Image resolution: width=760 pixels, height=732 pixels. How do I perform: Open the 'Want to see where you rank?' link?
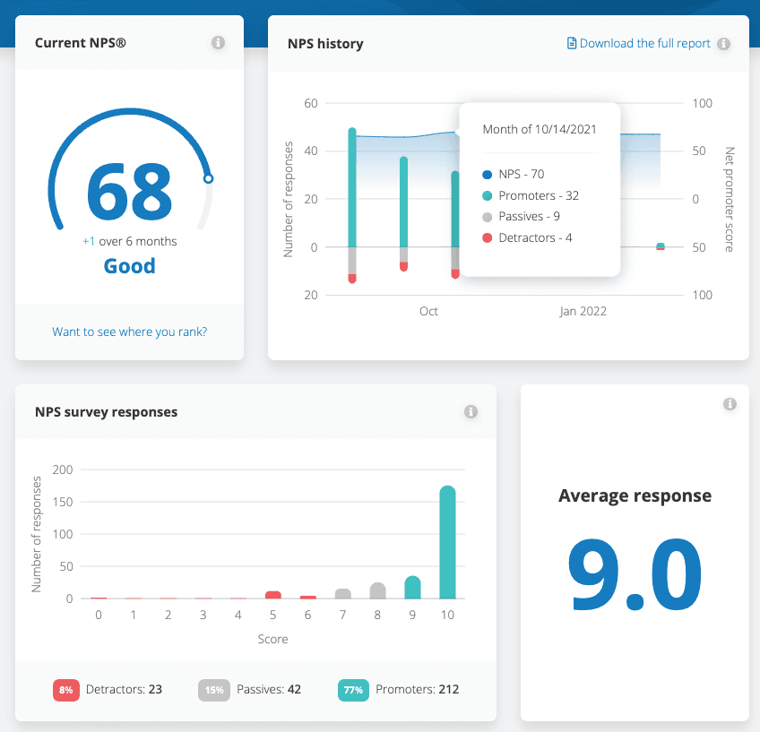click(129, 332)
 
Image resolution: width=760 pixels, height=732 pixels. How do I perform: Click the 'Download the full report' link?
click(644, 43)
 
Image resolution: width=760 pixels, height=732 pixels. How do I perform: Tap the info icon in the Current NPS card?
click(218, 43)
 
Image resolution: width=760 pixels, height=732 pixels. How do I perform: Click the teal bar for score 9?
click(412, 588)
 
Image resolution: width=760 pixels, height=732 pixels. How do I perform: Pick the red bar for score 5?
click(273, 595)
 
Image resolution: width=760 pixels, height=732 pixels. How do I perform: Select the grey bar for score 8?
click(377, 590)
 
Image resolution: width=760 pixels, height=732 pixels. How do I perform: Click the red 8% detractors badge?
click(65, 690)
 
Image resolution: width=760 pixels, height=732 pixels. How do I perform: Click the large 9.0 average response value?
click(635, 573)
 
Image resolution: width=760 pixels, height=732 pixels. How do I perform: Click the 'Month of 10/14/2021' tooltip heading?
click(540, 129)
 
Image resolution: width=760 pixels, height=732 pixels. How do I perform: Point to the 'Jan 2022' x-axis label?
click(583, 311)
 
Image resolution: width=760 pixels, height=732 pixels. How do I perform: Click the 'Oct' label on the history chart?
click(428, 311)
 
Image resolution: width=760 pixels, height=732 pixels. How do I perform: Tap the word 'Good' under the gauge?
click(129, 266)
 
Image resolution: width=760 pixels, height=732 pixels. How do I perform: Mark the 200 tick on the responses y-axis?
click(63, 469)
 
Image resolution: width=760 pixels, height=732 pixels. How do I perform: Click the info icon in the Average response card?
click(730, 404)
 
